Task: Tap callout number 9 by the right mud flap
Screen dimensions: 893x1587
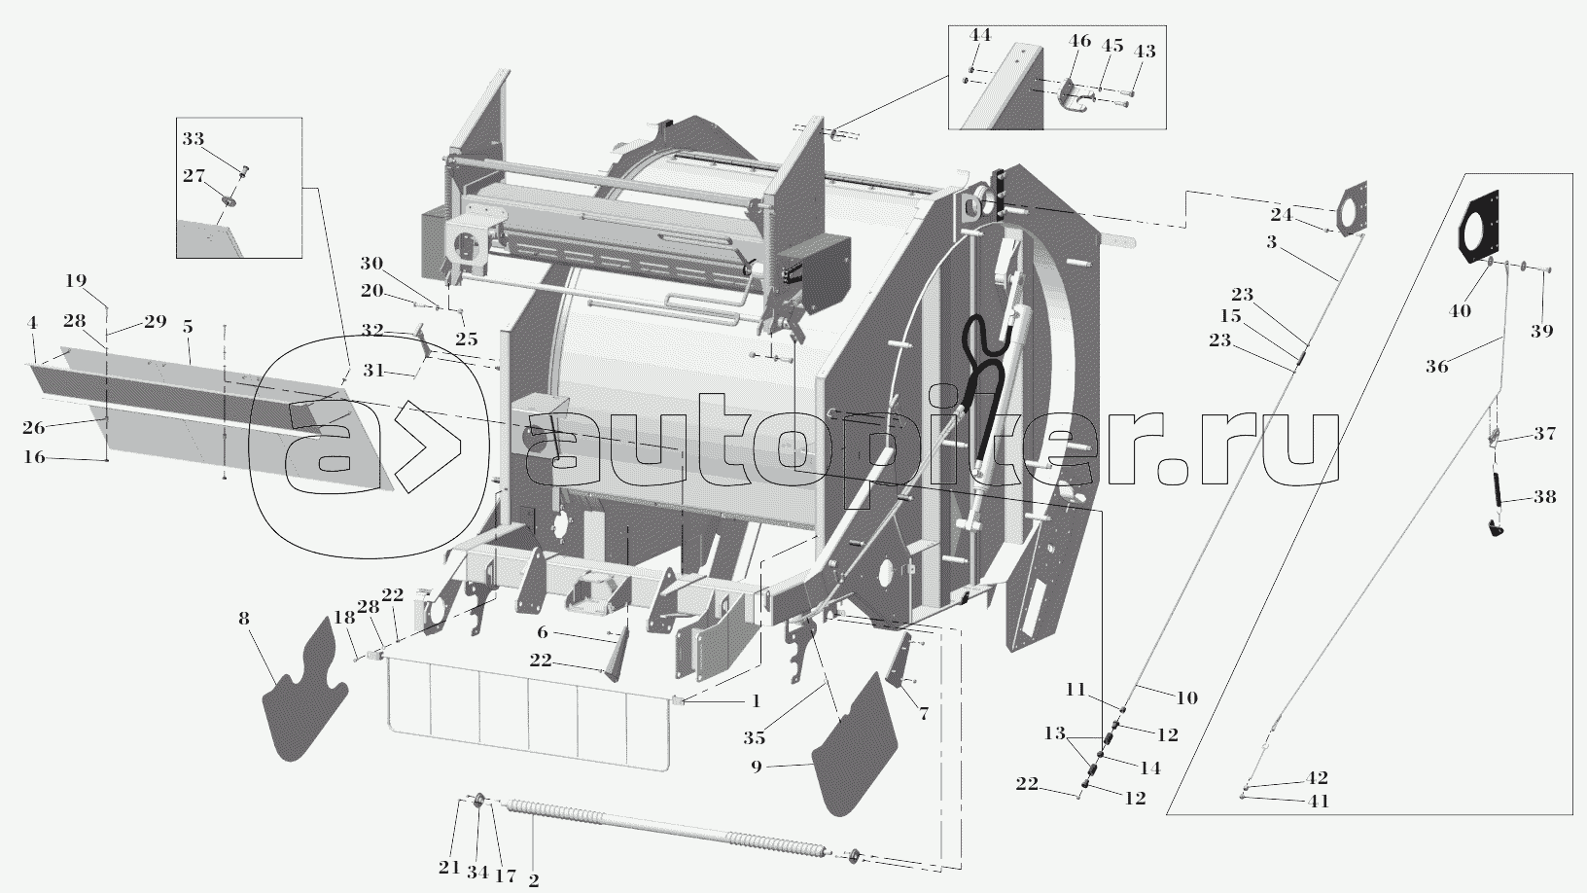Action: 756,767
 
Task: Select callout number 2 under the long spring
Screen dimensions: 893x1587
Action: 534,879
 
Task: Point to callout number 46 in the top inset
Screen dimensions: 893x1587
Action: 1079,41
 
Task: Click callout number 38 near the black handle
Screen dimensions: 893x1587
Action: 1544,496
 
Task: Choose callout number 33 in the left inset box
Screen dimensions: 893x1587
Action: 194,139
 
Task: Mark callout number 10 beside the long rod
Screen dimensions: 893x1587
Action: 1186,697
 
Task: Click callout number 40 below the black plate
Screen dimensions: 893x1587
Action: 1460,311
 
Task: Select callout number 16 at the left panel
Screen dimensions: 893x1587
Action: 34,456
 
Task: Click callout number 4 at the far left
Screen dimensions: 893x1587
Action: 32,322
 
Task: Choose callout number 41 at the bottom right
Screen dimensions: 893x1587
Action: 1319,802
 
